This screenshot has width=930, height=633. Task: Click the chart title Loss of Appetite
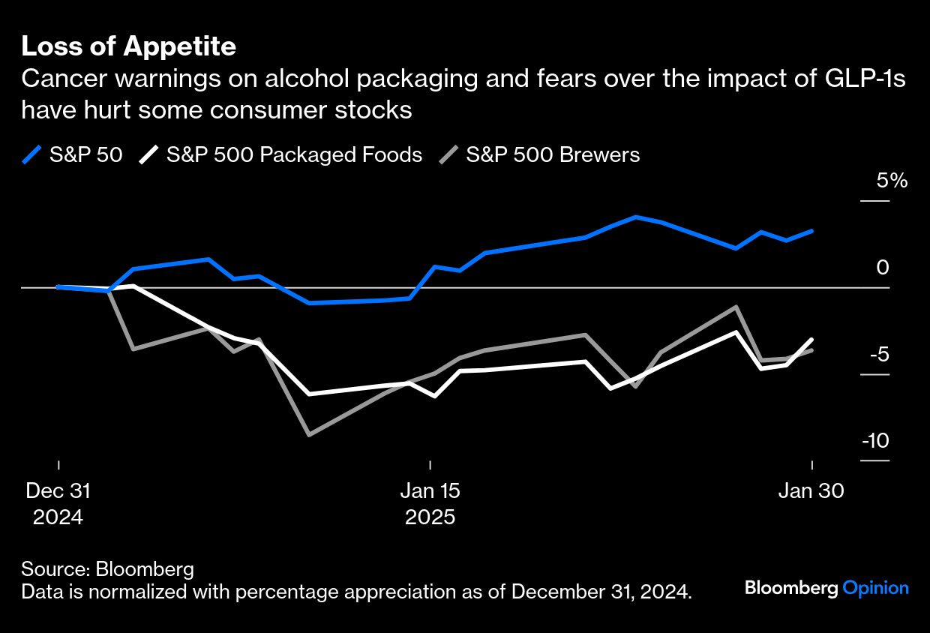coord(128,46)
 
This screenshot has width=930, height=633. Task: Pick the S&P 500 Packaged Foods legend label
coord(294,154)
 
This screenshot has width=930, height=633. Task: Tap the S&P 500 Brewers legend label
coord(553,154)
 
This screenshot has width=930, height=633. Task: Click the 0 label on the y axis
coord(883,268)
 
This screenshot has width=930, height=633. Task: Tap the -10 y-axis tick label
coord(874,440)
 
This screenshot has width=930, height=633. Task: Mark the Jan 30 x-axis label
coord(811,491)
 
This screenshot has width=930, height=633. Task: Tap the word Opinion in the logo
coord(875,588)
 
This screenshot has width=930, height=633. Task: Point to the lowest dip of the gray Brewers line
coord(309,434)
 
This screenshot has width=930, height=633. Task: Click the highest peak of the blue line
coord(635,217)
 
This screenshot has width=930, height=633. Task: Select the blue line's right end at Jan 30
coord(811,231)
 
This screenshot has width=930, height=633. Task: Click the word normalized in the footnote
coord(147,591)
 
